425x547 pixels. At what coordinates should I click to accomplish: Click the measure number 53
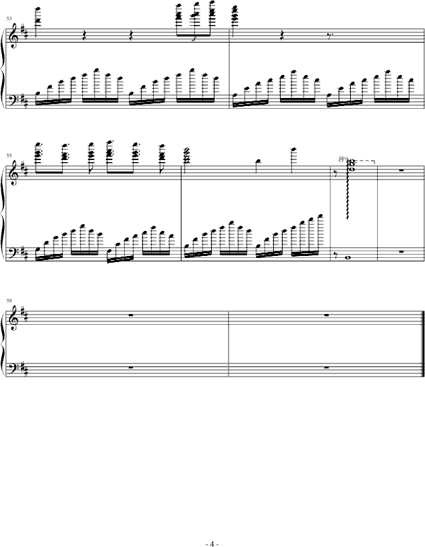(8, 18)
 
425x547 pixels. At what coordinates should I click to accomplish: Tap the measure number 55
(8, 155)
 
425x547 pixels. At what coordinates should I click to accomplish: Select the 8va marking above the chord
(345, 159)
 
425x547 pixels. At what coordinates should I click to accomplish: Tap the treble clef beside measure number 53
(13, 34)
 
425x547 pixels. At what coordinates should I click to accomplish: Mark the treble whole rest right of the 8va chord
(401, 170)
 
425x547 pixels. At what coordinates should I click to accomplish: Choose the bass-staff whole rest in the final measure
(325, 367)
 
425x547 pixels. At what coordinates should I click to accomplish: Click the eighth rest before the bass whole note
(337, 255)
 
